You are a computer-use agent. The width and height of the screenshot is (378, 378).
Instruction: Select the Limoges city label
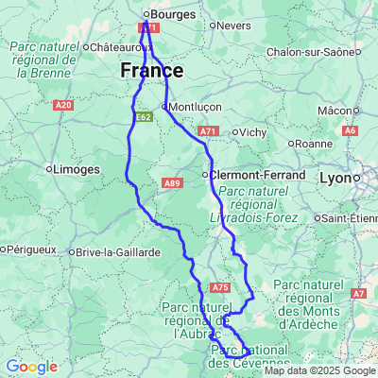click(77, 169)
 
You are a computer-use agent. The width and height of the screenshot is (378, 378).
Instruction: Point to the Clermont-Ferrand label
click(257, 175)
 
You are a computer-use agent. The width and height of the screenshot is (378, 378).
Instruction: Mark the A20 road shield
click(63, 106)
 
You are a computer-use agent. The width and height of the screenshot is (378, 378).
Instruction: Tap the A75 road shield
click(220, 287)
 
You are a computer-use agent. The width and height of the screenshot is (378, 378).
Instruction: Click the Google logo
click(31, 367)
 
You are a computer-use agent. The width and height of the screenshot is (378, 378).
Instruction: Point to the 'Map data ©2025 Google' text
click(319, 370)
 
